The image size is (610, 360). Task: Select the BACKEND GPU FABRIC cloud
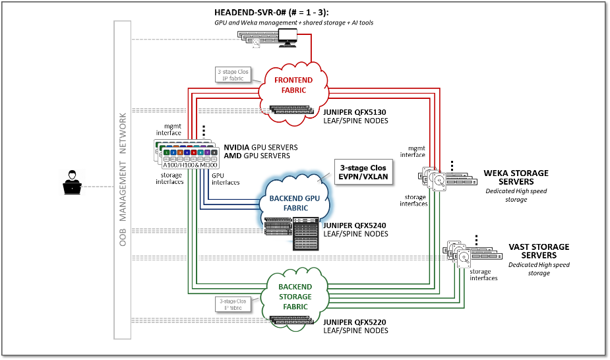point(295,198)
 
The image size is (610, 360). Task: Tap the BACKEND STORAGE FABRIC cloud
point(295,292)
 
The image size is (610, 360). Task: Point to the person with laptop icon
point(73,182)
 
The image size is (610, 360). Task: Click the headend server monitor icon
point(288,37)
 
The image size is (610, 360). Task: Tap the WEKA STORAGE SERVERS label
point(516,177)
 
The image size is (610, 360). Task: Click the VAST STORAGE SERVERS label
point(539,251)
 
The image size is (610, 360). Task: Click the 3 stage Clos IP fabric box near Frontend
point(230,75)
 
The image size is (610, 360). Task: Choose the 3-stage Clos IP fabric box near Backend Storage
point(230,303)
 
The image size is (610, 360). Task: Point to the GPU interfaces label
point(226,179)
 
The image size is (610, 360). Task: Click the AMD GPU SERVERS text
point(257,156)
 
